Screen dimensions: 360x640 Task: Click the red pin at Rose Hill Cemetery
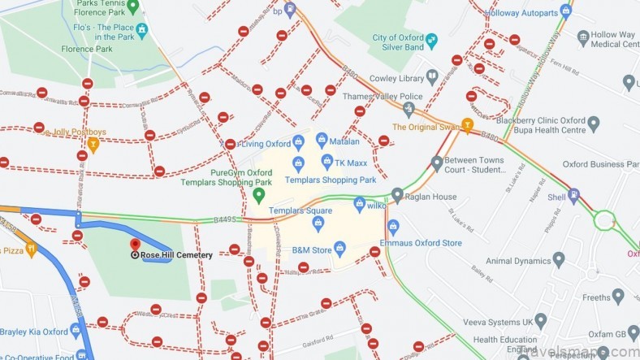tap(136, 244)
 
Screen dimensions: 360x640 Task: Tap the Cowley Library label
tap(401, 79)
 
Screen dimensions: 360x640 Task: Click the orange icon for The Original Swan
tap(467, 126)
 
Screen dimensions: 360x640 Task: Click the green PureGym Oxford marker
tap(259, 195)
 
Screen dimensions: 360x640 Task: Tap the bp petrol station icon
tap(291, 10)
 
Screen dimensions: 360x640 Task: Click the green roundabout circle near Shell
tap(604, 220)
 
